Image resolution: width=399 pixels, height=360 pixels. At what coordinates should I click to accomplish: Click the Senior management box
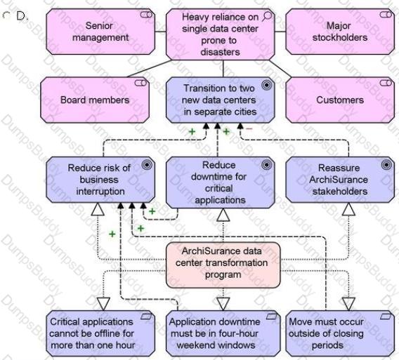[100, 32]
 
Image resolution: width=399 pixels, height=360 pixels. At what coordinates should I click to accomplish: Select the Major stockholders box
[340, 32]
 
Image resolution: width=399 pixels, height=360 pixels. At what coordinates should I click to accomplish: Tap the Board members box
[95, 100]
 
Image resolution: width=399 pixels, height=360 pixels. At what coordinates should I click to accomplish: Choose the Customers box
[340, 100]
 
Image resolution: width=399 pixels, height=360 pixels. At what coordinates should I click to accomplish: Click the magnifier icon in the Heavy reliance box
[267, 16]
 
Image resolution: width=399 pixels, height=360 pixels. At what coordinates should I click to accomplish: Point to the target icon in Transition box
[267, 85]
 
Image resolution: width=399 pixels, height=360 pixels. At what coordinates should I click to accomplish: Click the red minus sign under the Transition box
[249, 129]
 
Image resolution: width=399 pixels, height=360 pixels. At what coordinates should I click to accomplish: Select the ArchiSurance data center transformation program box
[223, 265]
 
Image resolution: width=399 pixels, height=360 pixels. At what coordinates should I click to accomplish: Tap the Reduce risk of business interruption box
[100, 180]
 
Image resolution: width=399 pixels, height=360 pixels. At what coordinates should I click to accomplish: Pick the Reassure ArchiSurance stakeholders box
[340, 180]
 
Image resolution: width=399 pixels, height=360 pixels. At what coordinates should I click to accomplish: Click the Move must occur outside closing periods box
[340, 333]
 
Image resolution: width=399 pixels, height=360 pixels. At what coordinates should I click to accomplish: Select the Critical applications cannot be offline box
[100, 333]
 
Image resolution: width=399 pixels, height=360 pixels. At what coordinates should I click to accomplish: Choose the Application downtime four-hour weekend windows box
[223, 333]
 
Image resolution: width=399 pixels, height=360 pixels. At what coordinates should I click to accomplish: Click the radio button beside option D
[6, 15]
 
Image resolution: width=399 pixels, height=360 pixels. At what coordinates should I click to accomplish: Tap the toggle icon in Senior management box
[146, 15]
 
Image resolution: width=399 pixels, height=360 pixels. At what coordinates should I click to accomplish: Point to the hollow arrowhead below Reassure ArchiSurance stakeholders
[348, 209]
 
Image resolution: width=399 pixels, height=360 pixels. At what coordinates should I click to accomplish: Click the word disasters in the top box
[220, 52]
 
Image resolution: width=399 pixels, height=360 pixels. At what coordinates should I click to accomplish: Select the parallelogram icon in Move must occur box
[386, 316]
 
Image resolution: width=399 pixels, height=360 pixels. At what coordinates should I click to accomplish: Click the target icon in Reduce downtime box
[267, 165]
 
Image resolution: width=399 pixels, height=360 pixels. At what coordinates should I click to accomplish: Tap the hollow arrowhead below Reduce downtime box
[223, 215]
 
